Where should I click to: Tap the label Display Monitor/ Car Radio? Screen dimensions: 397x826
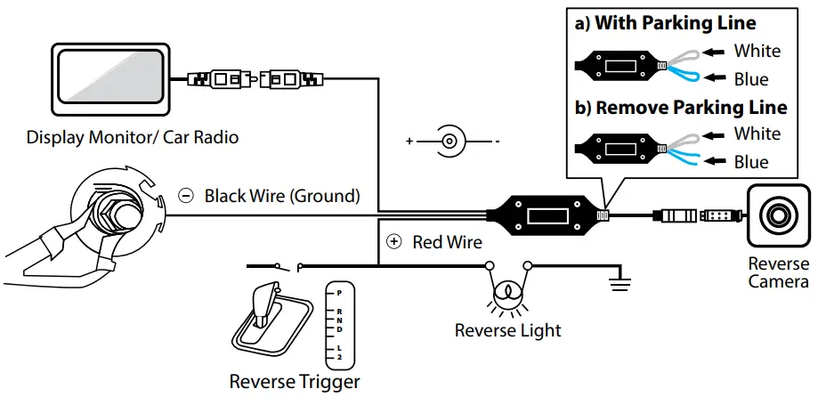click(x=133, y=138)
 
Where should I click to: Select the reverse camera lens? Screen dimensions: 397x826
click(x=778, y=215)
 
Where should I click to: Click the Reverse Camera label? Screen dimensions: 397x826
click(x=778, y=272)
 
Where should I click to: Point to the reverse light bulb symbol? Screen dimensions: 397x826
click(x=507, y=292)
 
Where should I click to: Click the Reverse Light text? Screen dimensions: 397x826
click(x=507, y=330)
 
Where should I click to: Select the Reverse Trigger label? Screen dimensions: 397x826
click(x=295, y=382)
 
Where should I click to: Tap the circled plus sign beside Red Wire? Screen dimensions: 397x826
click(x=394, y=241)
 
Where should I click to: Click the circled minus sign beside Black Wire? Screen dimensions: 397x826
click(x=186, y=195)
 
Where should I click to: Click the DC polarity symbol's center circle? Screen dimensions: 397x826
click(x=451, y=141)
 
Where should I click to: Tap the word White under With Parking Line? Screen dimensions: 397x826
click(x=757, y=51)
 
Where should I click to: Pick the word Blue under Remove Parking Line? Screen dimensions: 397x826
click(x=751, y=162)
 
